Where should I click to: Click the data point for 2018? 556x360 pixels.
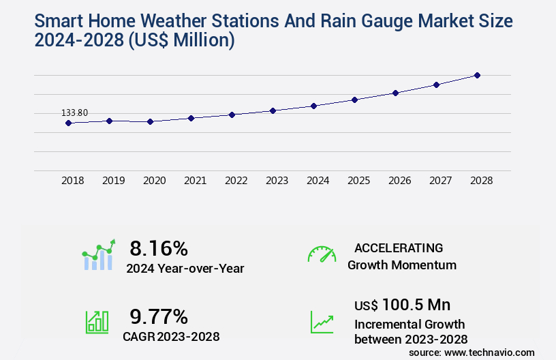click(x=68, y=123)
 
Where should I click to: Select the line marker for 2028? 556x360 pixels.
click(x=477, y=75)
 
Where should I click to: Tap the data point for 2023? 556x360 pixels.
click(x=273, y=110)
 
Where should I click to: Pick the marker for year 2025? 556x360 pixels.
click(x=354, y=100)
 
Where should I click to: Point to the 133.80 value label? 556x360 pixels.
click(x=75, y=112)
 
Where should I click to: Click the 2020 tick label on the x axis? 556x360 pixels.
click(x=155, y=181)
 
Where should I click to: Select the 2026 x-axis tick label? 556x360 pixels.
click(x=400, y=181)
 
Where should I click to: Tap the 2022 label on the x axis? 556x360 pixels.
click(x=236, y=181)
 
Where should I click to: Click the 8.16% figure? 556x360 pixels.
click(x=158, y=248)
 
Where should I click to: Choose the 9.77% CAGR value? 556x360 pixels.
click(x=159, y=316)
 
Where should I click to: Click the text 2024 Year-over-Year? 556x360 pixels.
click(x=185, y=269)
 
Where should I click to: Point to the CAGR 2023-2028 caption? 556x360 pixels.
click(x=171, y=336)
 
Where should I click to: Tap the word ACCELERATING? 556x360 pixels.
click(x=399, y=247)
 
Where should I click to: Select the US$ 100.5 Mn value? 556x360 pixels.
click(x=402, y=305)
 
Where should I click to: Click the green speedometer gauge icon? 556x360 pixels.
click(x=322, y=254)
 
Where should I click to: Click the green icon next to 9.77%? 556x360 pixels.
click(x=97, y=322)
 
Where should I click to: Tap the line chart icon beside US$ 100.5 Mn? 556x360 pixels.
click(x=322, y=322)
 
